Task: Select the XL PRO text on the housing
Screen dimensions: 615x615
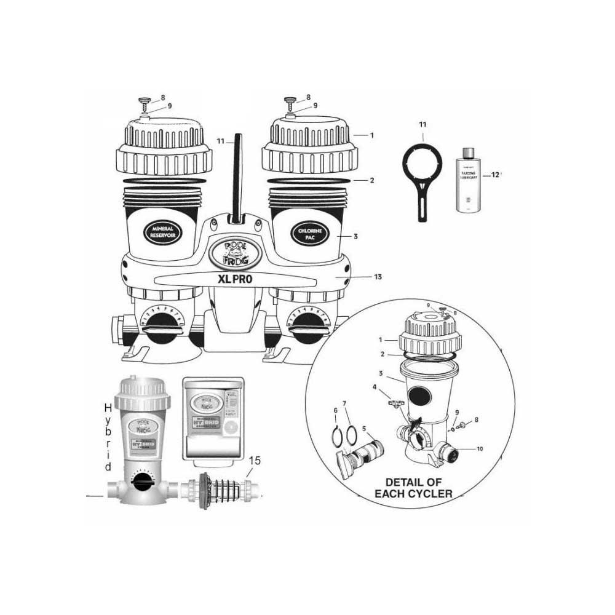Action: click(237, 278)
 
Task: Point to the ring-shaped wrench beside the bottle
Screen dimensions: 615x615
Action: click(422, 172)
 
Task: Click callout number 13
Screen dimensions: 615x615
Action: click(377, 277)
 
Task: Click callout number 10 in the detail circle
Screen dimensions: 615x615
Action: click(479, 449)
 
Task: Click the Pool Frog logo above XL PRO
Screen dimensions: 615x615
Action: click(237, 252)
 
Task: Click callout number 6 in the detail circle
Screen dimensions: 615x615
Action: click(336, 411)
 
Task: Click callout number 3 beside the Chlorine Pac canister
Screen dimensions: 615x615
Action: click(355, 236)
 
